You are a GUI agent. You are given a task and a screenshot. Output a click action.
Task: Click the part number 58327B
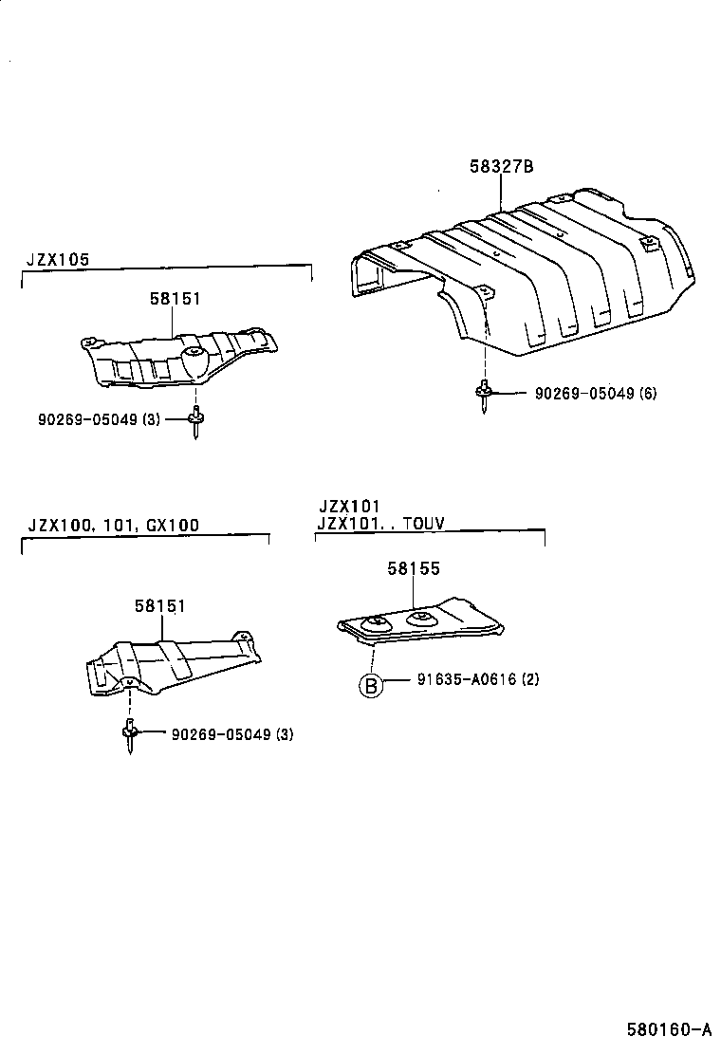tap(501, 167)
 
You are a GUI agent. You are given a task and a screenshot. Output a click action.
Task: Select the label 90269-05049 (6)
tap(595, 393)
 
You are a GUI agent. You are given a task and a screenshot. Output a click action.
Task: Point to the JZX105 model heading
tap(56, 258)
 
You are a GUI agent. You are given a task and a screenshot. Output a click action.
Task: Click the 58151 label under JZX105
tap(175, 298)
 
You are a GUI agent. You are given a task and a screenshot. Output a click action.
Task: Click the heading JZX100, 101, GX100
tap(114, 525)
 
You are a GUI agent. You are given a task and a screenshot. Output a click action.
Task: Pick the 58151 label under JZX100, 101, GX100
tap(159, 604)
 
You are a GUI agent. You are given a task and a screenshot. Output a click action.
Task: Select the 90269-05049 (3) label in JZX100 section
tap(232, 734)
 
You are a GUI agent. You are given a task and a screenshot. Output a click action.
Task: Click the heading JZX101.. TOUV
tap(380, 522)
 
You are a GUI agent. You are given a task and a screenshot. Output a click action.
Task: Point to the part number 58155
tap(413, 568)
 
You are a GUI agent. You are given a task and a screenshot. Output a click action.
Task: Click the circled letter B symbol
tap(371, 685)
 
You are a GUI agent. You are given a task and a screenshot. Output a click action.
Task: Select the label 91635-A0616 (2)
tap(477, 680)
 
